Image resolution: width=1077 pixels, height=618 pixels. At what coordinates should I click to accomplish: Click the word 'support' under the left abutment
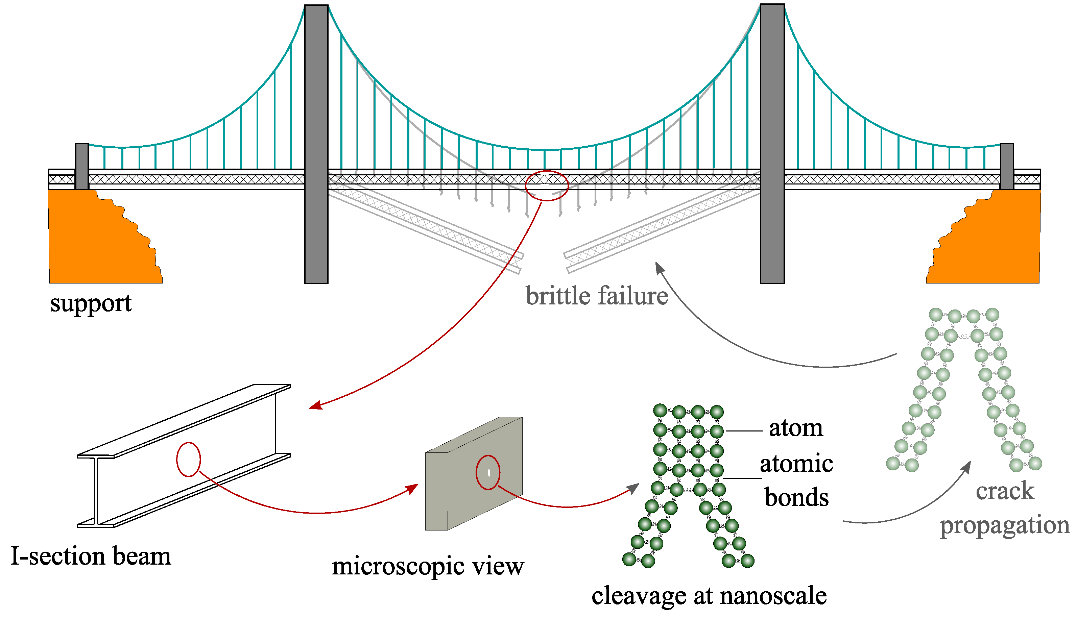click(91, 304)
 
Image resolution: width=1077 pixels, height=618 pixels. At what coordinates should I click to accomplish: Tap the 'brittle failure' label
click(596, 296)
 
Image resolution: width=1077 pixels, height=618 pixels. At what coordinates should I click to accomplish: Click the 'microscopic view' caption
click(428, 567)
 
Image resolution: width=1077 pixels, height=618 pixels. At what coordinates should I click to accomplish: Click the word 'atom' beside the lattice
click(795, 428)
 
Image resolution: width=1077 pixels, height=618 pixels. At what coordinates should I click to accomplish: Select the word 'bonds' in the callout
click(796, 497)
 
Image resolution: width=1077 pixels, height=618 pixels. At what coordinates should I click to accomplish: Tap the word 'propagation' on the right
click(1004, 525)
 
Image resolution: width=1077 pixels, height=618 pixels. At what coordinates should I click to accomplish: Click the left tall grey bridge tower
click(316, 144)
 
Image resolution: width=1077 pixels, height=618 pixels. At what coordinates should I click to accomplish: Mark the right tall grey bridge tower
click(772, 144)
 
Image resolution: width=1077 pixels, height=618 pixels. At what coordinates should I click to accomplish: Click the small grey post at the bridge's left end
click(82, 166)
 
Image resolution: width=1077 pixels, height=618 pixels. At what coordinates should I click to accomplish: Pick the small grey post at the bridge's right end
click(1007, 166)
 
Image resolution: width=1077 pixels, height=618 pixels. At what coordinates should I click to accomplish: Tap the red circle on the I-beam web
click(188, 459)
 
